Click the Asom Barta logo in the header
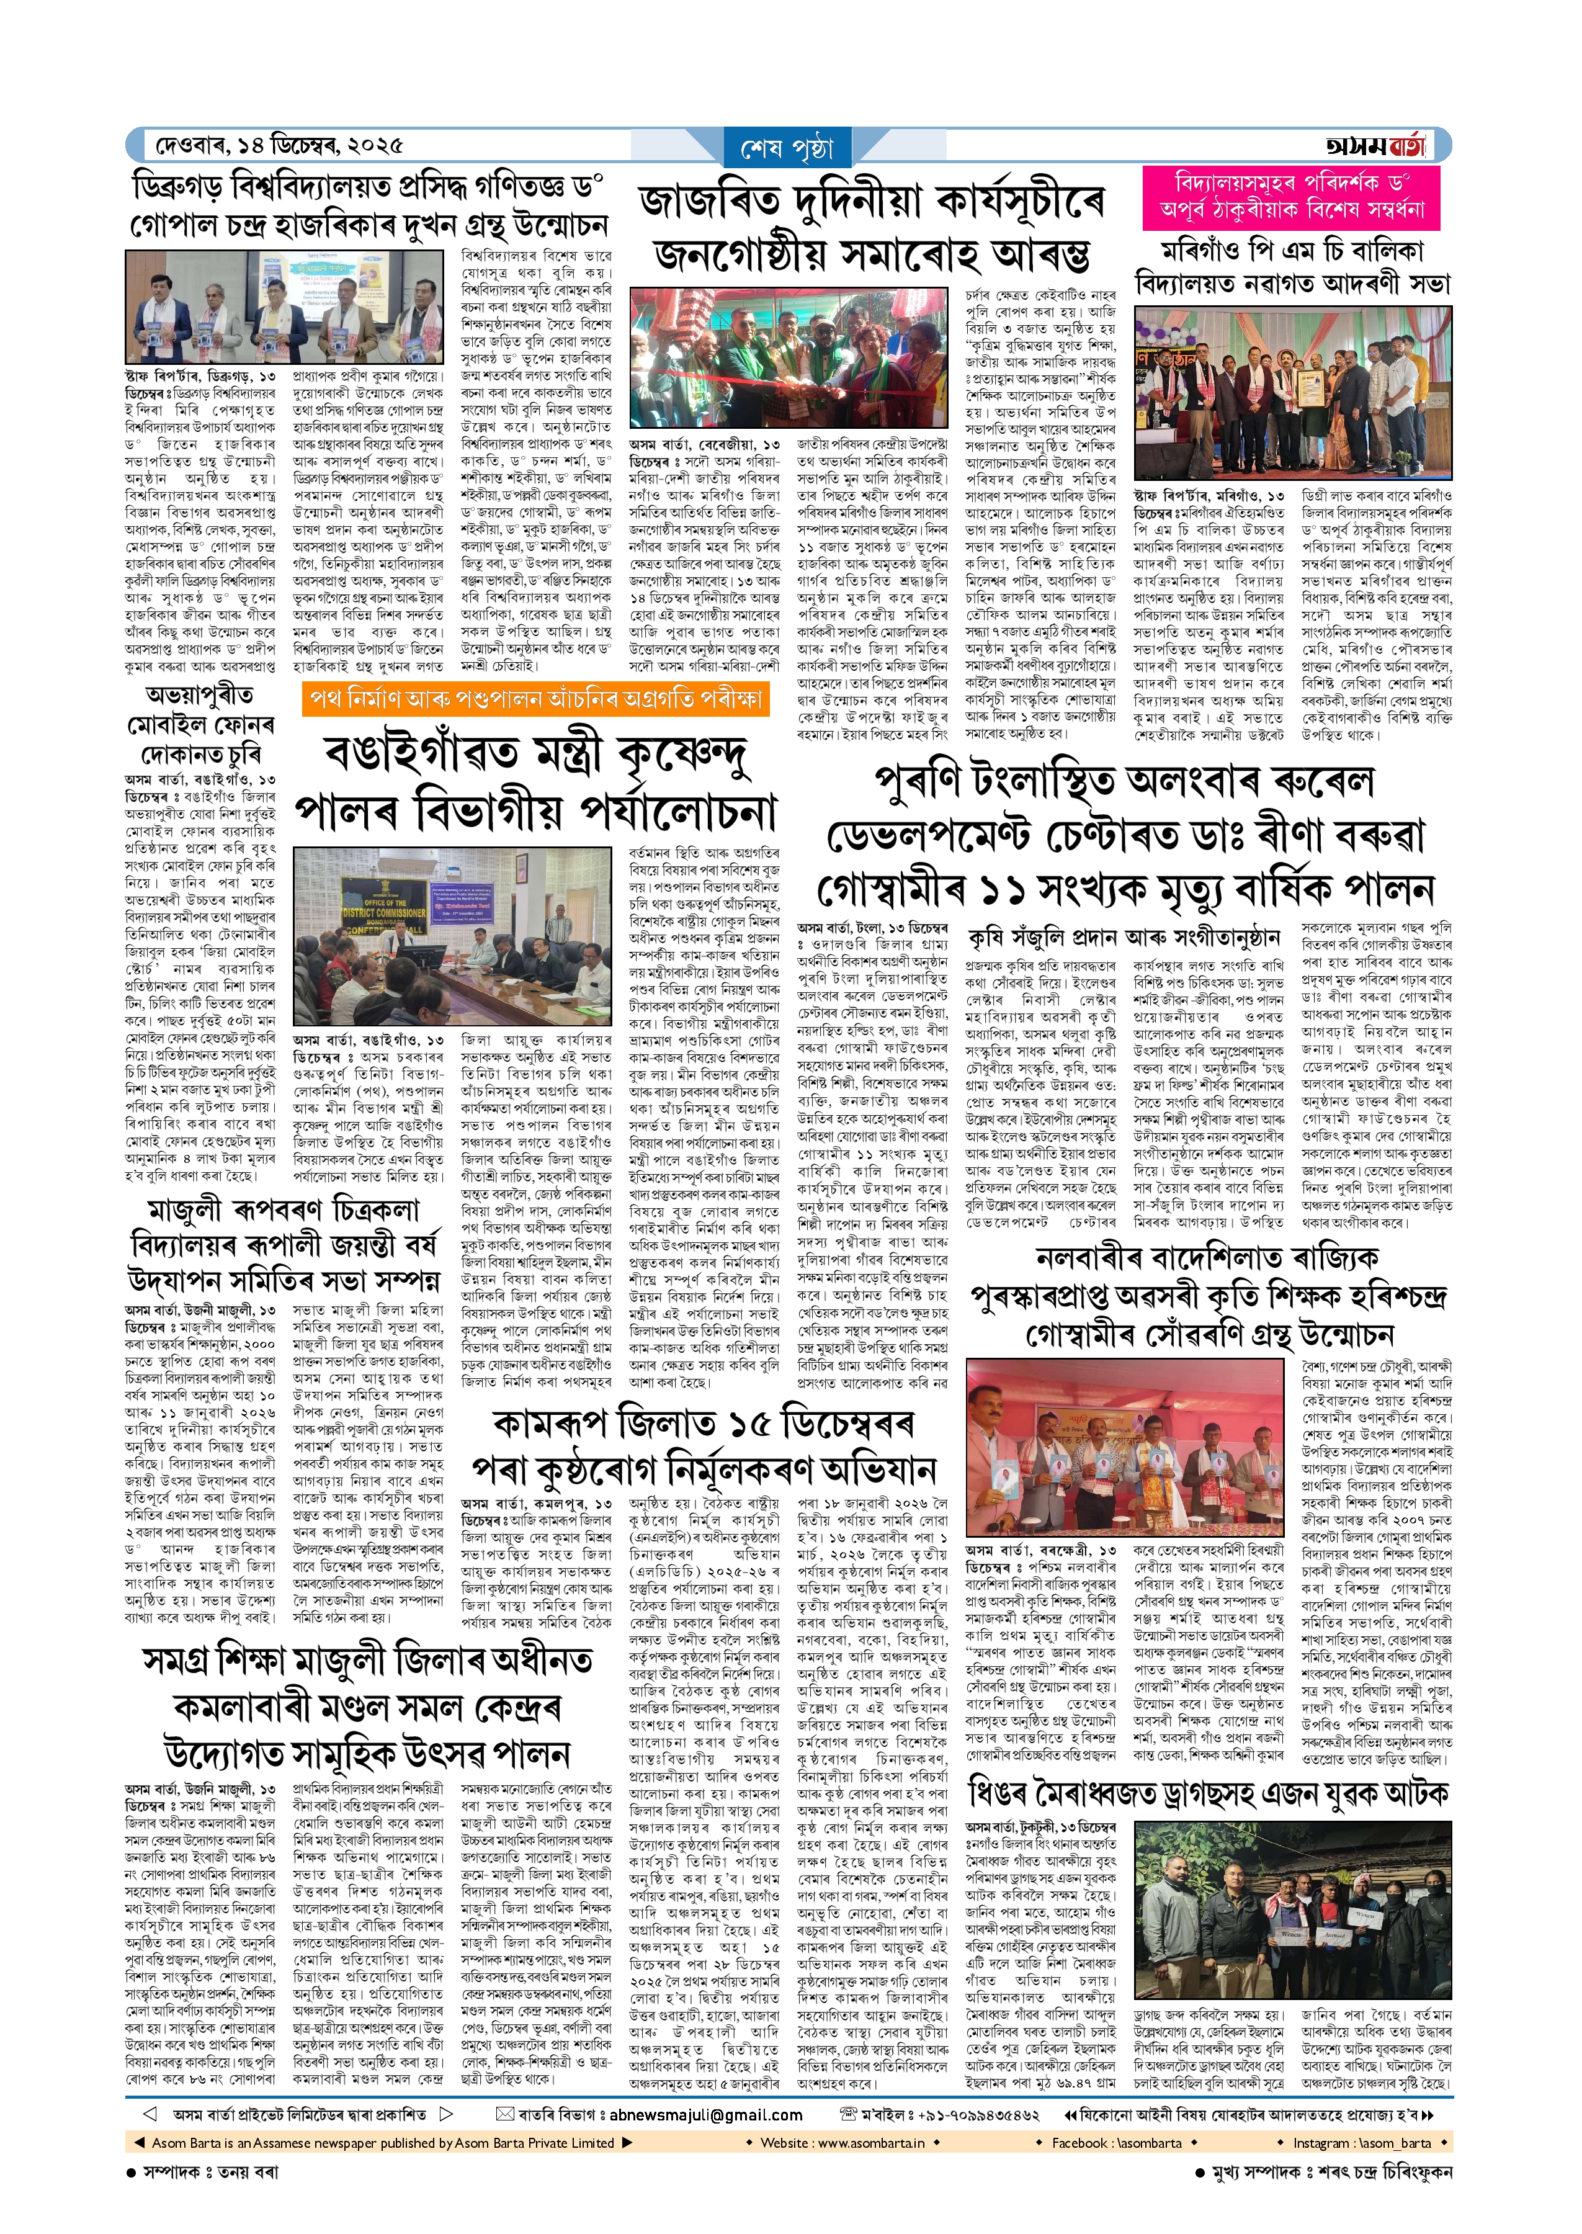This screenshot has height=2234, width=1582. tap(1375, 146)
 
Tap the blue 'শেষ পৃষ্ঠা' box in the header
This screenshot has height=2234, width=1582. tap(787, 149)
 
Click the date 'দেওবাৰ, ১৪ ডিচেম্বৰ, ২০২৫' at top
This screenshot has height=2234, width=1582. tap(279, 146)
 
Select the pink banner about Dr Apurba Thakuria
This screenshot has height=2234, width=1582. tap(1292, 197)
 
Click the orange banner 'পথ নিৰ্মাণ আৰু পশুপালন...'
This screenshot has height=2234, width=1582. tap(536, 699)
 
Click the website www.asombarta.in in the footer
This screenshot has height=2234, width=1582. tap(842, 2142)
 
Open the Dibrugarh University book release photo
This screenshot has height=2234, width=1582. tap(284, 306)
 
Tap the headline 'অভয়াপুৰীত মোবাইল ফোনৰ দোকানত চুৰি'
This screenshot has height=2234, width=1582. tap(200, 724)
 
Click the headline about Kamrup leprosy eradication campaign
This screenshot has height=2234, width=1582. tap(704, 1447)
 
